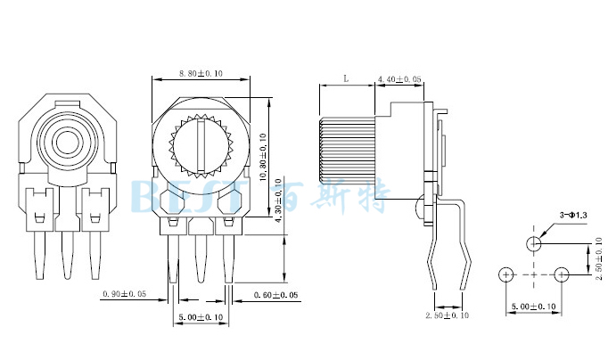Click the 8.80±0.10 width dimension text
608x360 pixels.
tap(201, 73)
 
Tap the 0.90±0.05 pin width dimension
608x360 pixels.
tap(125, 294)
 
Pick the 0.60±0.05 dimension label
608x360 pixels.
tap(275, 294)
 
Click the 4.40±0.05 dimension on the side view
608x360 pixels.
tap(399, 79)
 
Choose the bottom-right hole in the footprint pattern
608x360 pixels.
tap(562, 274)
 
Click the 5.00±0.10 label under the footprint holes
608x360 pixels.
tap(534, 307)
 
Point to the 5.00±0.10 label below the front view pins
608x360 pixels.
tap(201, 317)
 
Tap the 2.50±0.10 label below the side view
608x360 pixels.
tap(447, 315)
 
